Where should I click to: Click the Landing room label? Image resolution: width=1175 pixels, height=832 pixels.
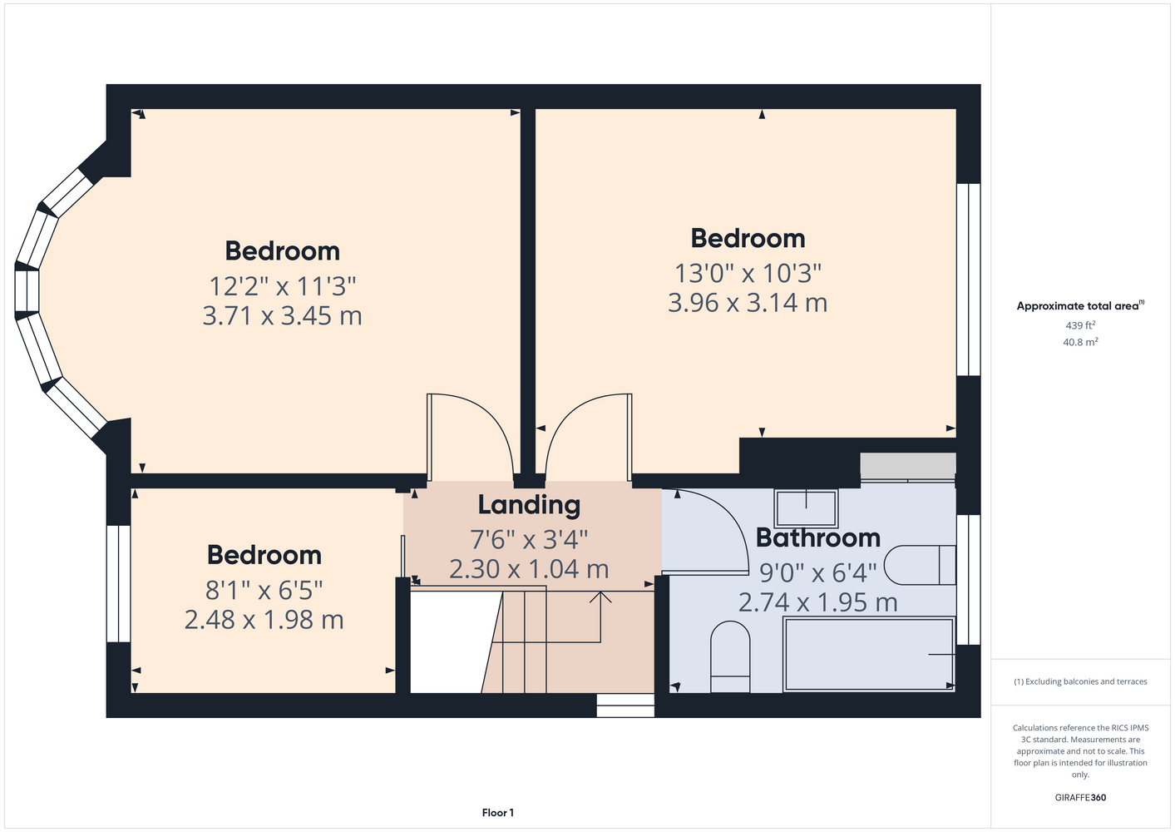[529, 505]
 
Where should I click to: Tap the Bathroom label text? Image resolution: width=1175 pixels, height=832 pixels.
[817, 538]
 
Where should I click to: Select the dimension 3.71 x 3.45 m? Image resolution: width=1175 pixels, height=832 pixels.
[282, 316]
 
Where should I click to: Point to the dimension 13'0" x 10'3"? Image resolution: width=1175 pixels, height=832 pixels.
[748, 273]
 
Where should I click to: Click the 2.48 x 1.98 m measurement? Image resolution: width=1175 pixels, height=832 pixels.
[264, 620]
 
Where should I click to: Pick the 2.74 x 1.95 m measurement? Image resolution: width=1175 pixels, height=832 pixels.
[817, 602]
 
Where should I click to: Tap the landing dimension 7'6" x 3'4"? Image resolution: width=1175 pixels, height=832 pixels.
[529, 539]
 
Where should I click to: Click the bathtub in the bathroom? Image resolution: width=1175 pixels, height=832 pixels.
[869, 655]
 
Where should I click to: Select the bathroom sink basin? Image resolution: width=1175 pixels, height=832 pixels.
[807, 508]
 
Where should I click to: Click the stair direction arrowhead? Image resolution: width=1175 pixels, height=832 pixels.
[600, 597]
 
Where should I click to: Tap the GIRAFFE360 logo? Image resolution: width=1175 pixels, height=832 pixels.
[1080, 797]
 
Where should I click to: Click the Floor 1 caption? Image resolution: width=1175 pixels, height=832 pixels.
[498, 813]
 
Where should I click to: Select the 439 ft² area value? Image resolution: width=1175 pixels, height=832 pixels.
[1080, 325]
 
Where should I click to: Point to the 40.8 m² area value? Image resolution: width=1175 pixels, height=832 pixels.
[1080, 342]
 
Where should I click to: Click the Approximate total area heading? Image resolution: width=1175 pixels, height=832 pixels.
[1080, 305]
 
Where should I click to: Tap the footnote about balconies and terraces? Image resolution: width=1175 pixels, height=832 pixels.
[1080, 681]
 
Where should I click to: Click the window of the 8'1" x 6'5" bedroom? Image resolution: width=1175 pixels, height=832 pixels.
[119, 584]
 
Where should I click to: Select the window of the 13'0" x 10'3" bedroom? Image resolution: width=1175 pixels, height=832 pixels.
[968, 280]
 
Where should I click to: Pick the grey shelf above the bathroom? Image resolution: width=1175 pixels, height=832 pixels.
[908, 466]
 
